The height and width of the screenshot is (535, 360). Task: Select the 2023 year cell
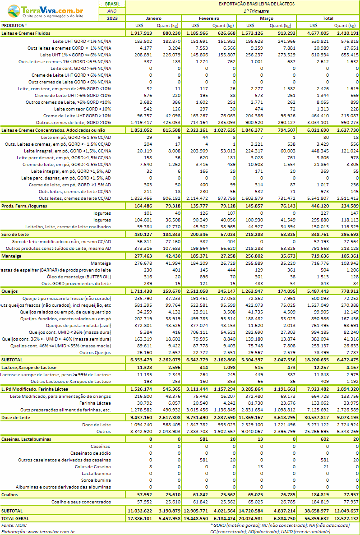click(x=112, y=18)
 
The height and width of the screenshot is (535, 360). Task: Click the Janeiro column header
click(x=154, y=18)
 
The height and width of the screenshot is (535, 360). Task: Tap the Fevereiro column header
click(x=209, y=18)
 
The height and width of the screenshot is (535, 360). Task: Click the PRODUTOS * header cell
click(x=14, y=25)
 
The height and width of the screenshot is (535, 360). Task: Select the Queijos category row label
click(x=10, y=291)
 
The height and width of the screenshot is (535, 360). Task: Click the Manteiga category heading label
click(x=11, y=256)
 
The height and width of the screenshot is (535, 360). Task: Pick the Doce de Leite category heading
click(x=16, y=418)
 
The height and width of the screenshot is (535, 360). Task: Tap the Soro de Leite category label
click(x=15, y=235)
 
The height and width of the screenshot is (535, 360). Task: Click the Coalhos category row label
click(x=10, y=495)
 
